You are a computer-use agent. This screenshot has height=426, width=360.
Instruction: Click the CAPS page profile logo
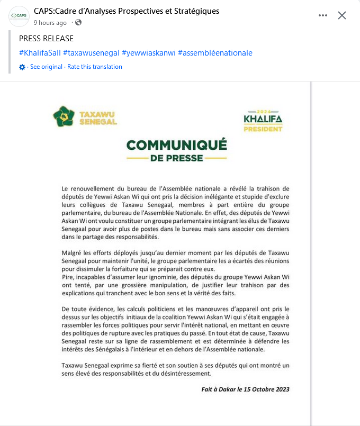point(19,16)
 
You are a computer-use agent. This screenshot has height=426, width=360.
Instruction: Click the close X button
point(342,15)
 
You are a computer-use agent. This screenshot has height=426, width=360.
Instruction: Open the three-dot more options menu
point(323,15)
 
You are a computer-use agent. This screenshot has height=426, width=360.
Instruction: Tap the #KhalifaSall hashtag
point(40,53)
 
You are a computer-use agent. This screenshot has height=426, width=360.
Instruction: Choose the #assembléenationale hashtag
point(215,53)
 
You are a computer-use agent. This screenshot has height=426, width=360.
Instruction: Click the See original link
point(46,67)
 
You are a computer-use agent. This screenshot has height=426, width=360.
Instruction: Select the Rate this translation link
point(95,67)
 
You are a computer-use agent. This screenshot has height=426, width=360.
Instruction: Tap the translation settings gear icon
point(22,67)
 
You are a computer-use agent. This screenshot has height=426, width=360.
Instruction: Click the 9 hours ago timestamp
point(50,23)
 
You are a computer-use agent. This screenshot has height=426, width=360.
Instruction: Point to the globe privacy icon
point(78,23)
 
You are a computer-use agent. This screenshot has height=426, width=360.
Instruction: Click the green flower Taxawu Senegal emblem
point(64,116)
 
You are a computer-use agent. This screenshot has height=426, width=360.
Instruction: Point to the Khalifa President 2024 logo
point(263,122)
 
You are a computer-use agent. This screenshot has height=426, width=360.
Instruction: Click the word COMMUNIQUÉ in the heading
point(176,145)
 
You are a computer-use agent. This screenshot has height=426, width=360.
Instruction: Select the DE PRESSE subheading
point(176,158)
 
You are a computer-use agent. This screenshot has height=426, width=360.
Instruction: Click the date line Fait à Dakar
point(245,389)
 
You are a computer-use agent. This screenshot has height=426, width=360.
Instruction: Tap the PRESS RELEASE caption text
point(46,39)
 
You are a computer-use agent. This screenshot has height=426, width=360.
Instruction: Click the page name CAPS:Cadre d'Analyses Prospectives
point(126,11)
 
